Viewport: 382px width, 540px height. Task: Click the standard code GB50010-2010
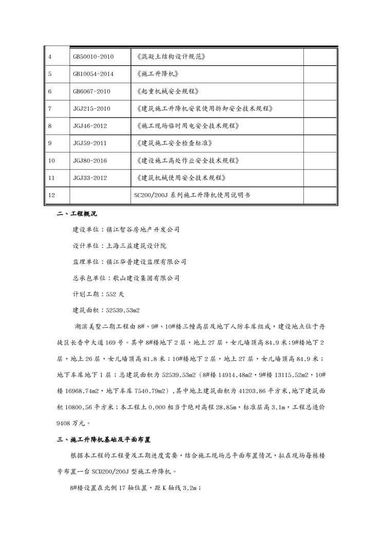point(93,56)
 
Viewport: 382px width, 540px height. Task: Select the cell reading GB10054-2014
point(93,74)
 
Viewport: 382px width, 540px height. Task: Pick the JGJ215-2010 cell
point(92,109)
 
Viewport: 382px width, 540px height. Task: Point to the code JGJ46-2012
point(90,126)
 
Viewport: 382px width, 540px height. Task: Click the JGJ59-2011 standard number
point(90,143)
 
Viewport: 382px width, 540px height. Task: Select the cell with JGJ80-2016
point(90,161)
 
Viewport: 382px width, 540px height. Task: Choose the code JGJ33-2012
point(90,178)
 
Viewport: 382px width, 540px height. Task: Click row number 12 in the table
point(51,196)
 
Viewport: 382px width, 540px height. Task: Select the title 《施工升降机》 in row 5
point(158,74)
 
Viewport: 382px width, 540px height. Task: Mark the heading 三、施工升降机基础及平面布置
point(103,440)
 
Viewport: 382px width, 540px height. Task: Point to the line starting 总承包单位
point(126,278)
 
